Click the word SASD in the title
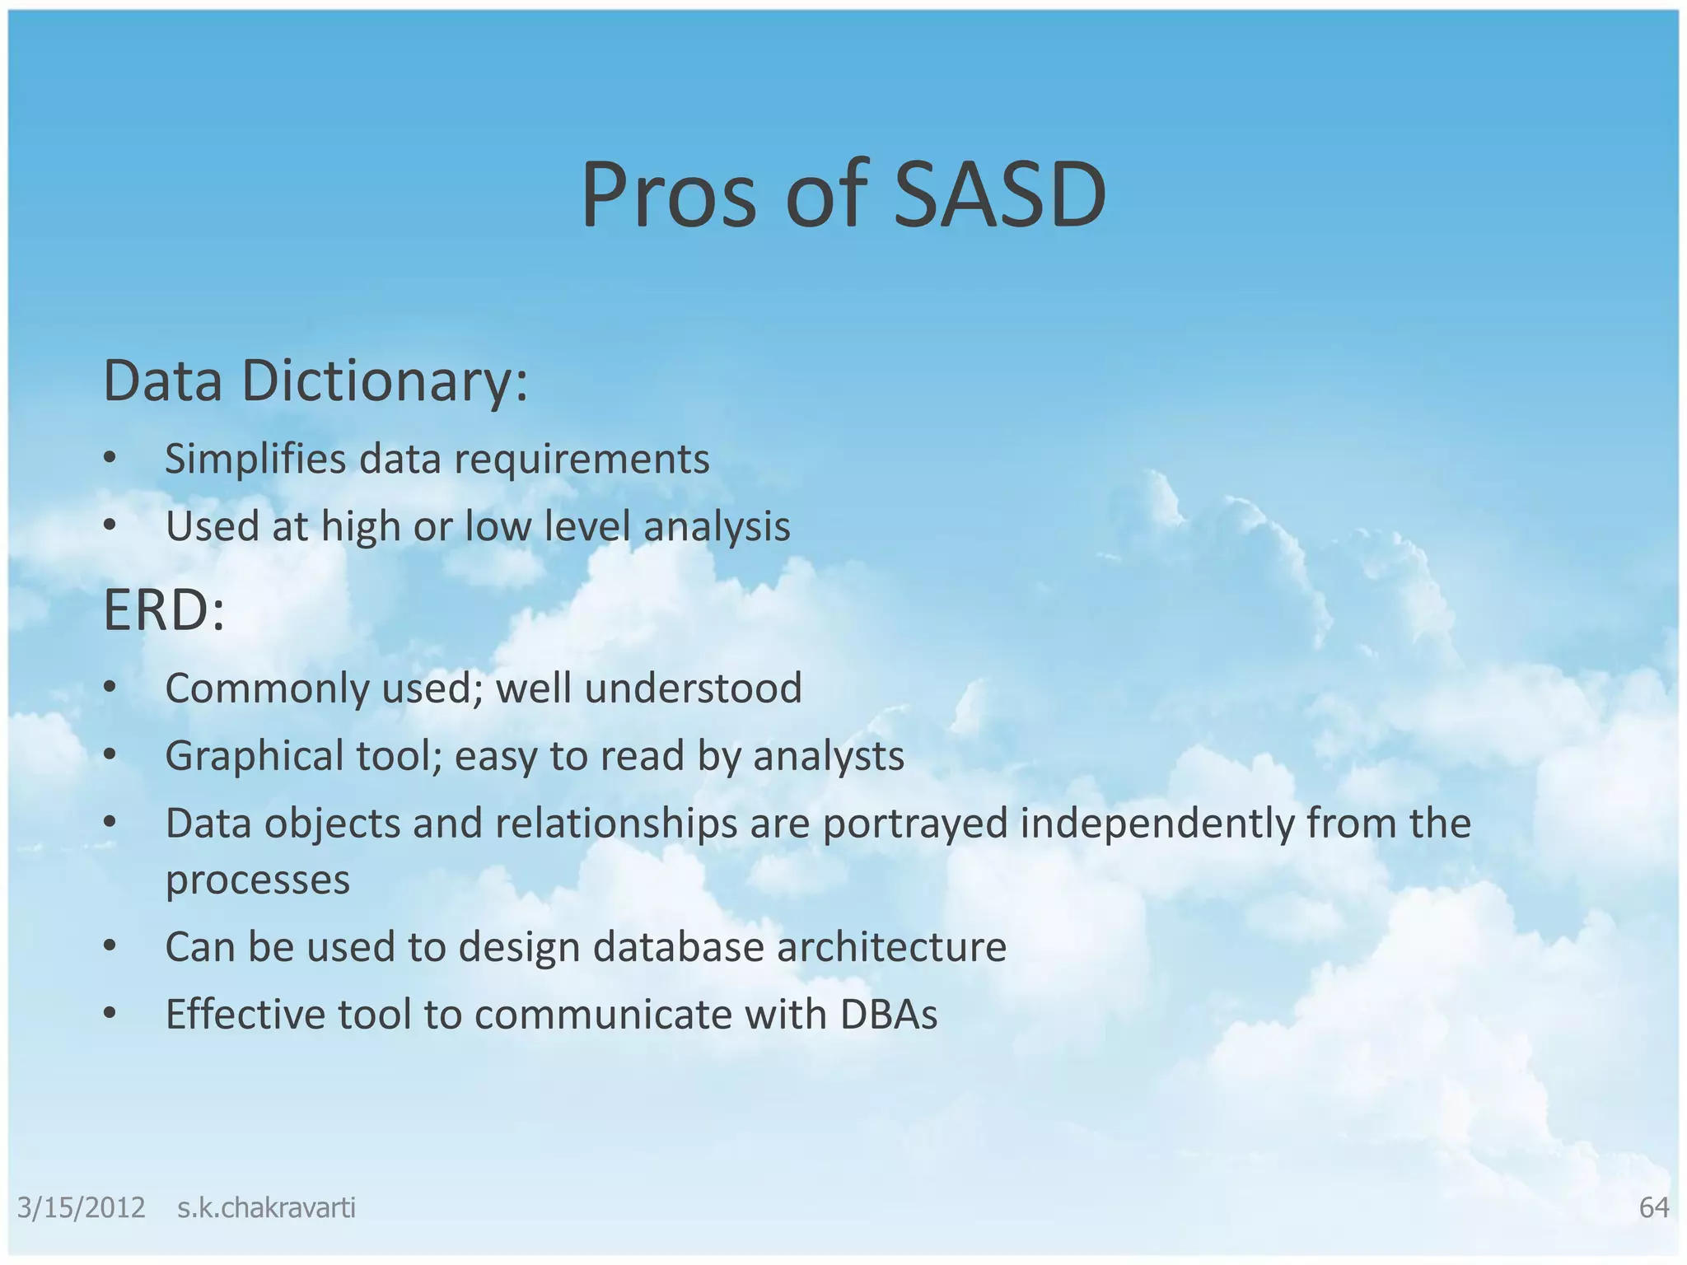pos(999,195)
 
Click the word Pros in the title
pos(668,195)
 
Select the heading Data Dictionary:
pos(315,381)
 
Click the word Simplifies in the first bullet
pos(255,459)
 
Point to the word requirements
pos(582,460)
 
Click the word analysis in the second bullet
pos(717,526)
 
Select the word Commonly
pos(267,689)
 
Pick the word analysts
pos(829,756)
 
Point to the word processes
pos(258,880)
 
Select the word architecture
pos(891,947)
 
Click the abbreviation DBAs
pos(889,1015)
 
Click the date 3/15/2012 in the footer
pos(81,1207)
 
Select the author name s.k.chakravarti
pos(266,1207)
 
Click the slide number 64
pos(1653,1207)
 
